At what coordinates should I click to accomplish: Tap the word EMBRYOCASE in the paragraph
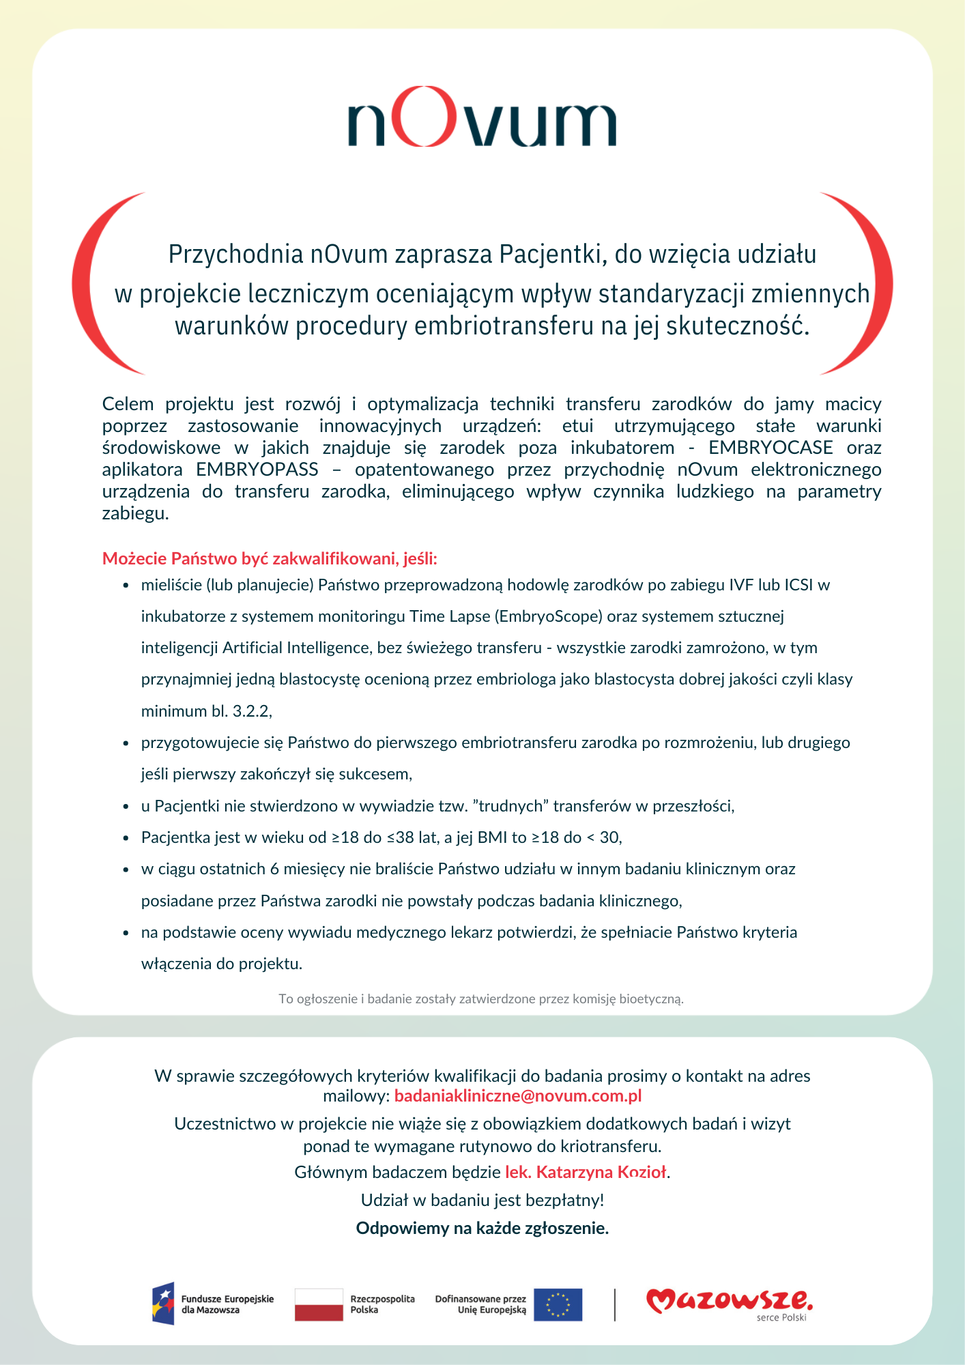coord(770,448)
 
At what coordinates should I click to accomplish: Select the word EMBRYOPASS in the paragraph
coord(257,470)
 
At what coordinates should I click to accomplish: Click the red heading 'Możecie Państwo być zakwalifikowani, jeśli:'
coord(270,559)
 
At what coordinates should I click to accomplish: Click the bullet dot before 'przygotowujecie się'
coord(126,743)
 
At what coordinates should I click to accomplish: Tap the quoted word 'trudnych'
coord(510,806)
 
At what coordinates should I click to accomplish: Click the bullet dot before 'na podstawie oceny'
coord(126,933)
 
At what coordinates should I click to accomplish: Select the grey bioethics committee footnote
coord(481,999)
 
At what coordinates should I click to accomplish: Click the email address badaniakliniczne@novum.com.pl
coord(518,1096)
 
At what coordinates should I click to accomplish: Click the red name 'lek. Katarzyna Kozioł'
coord(586,1172)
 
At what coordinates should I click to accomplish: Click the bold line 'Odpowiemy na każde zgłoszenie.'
coord(482,1228)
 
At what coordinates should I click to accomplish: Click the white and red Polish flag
coord(319,1304)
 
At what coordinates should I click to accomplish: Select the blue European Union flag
coord(558,1304)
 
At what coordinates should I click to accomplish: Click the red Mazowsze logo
coord(729,1302)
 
